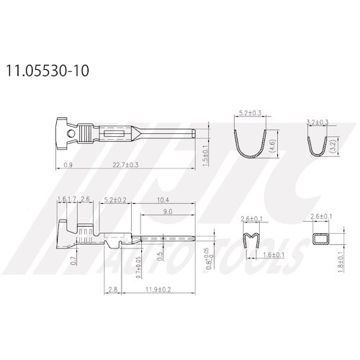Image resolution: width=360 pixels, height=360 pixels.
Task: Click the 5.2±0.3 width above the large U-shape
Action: [249, 113]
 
